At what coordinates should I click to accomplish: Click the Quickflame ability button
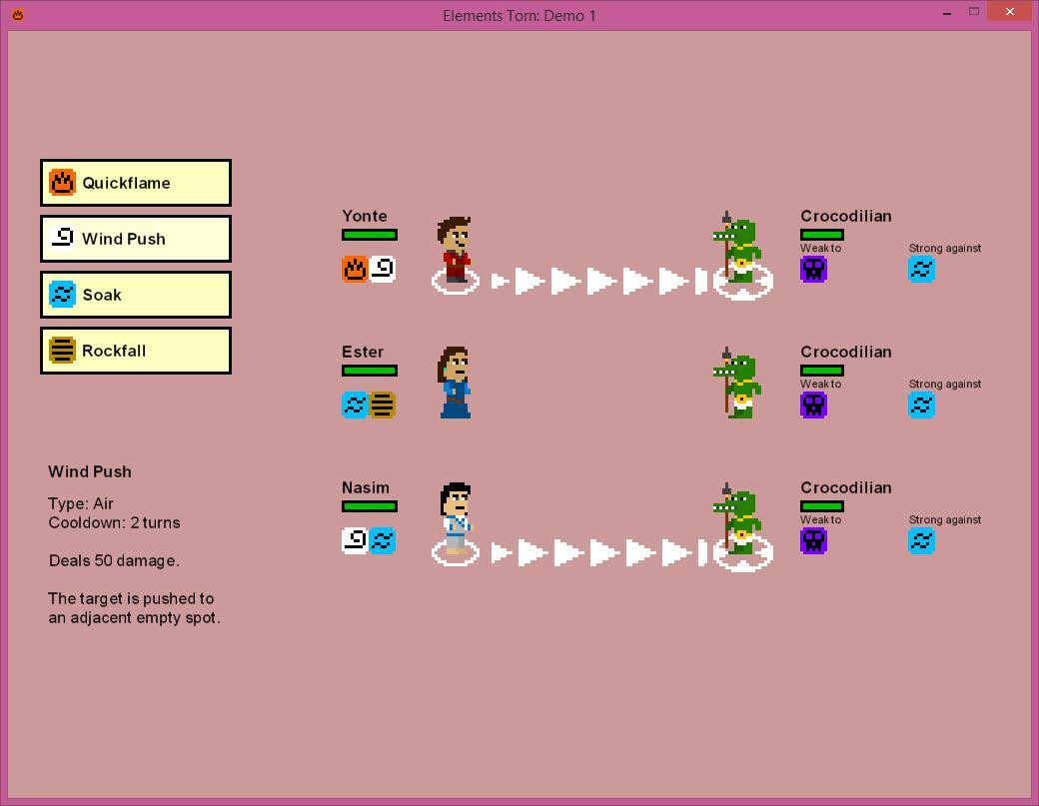136,183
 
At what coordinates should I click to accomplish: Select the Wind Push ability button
136,239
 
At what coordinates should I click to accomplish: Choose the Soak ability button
136,295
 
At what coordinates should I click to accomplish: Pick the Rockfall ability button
136,351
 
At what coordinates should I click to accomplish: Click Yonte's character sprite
455,250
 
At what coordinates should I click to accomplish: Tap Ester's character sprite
455,383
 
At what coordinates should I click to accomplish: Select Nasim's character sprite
457,518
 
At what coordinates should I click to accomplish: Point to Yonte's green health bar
370,235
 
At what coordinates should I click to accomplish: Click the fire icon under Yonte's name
356,270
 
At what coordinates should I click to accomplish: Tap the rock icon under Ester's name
383,404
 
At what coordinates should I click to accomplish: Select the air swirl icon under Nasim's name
356,540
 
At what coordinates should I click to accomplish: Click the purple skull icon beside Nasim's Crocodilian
813,541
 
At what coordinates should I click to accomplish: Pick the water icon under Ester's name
356,404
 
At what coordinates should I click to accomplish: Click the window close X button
1010,11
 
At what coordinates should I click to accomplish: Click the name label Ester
363,352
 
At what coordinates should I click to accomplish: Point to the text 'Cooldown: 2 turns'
114,522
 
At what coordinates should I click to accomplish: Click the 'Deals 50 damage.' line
114,560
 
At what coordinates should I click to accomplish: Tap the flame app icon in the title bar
18,15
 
